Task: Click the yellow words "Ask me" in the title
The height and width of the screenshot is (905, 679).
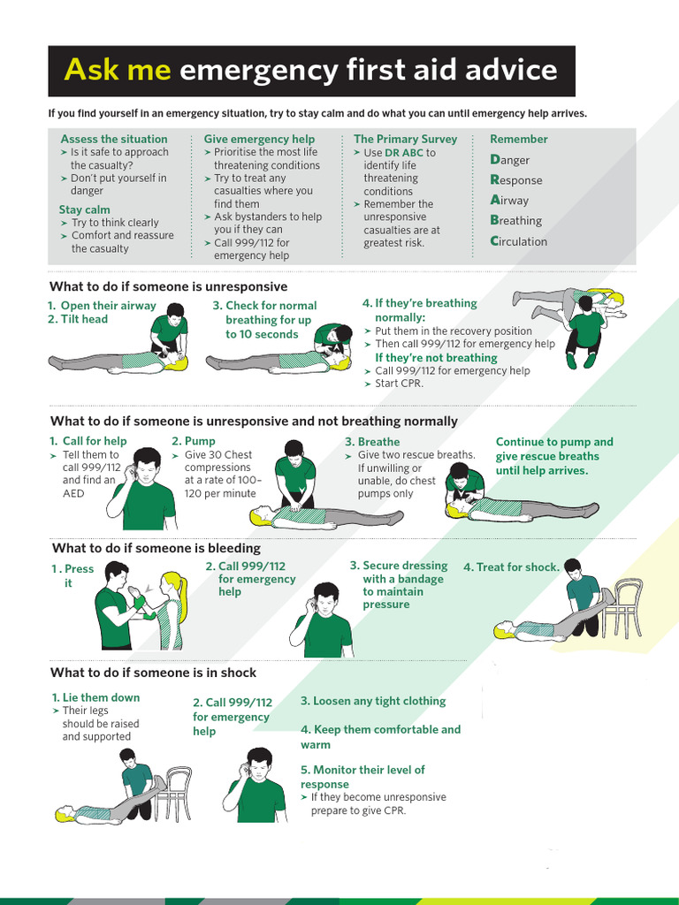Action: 118,70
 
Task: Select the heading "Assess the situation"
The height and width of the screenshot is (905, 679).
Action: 113,139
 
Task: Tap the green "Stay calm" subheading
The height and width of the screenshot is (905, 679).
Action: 85,209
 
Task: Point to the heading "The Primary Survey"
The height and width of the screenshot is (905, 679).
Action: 405,139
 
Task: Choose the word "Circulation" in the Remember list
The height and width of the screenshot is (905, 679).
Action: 518,241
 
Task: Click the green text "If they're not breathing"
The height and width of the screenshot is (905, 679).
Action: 436,358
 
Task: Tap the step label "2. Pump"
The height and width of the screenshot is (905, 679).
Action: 193,441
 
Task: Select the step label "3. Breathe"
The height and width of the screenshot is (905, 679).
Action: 372,442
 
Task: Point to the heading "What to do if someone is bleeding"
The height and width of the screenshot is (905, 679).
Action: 156,548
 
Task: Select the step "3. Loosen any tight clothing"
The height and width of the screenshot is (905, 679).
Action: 373,701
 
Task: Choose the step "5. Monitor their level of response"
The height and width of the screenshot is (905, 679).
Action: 362,777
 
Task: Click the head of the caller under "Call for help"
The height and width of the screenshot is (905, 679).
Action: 146,464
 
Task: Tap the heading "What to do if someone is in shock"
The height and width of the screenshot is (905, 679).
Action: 153,673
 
